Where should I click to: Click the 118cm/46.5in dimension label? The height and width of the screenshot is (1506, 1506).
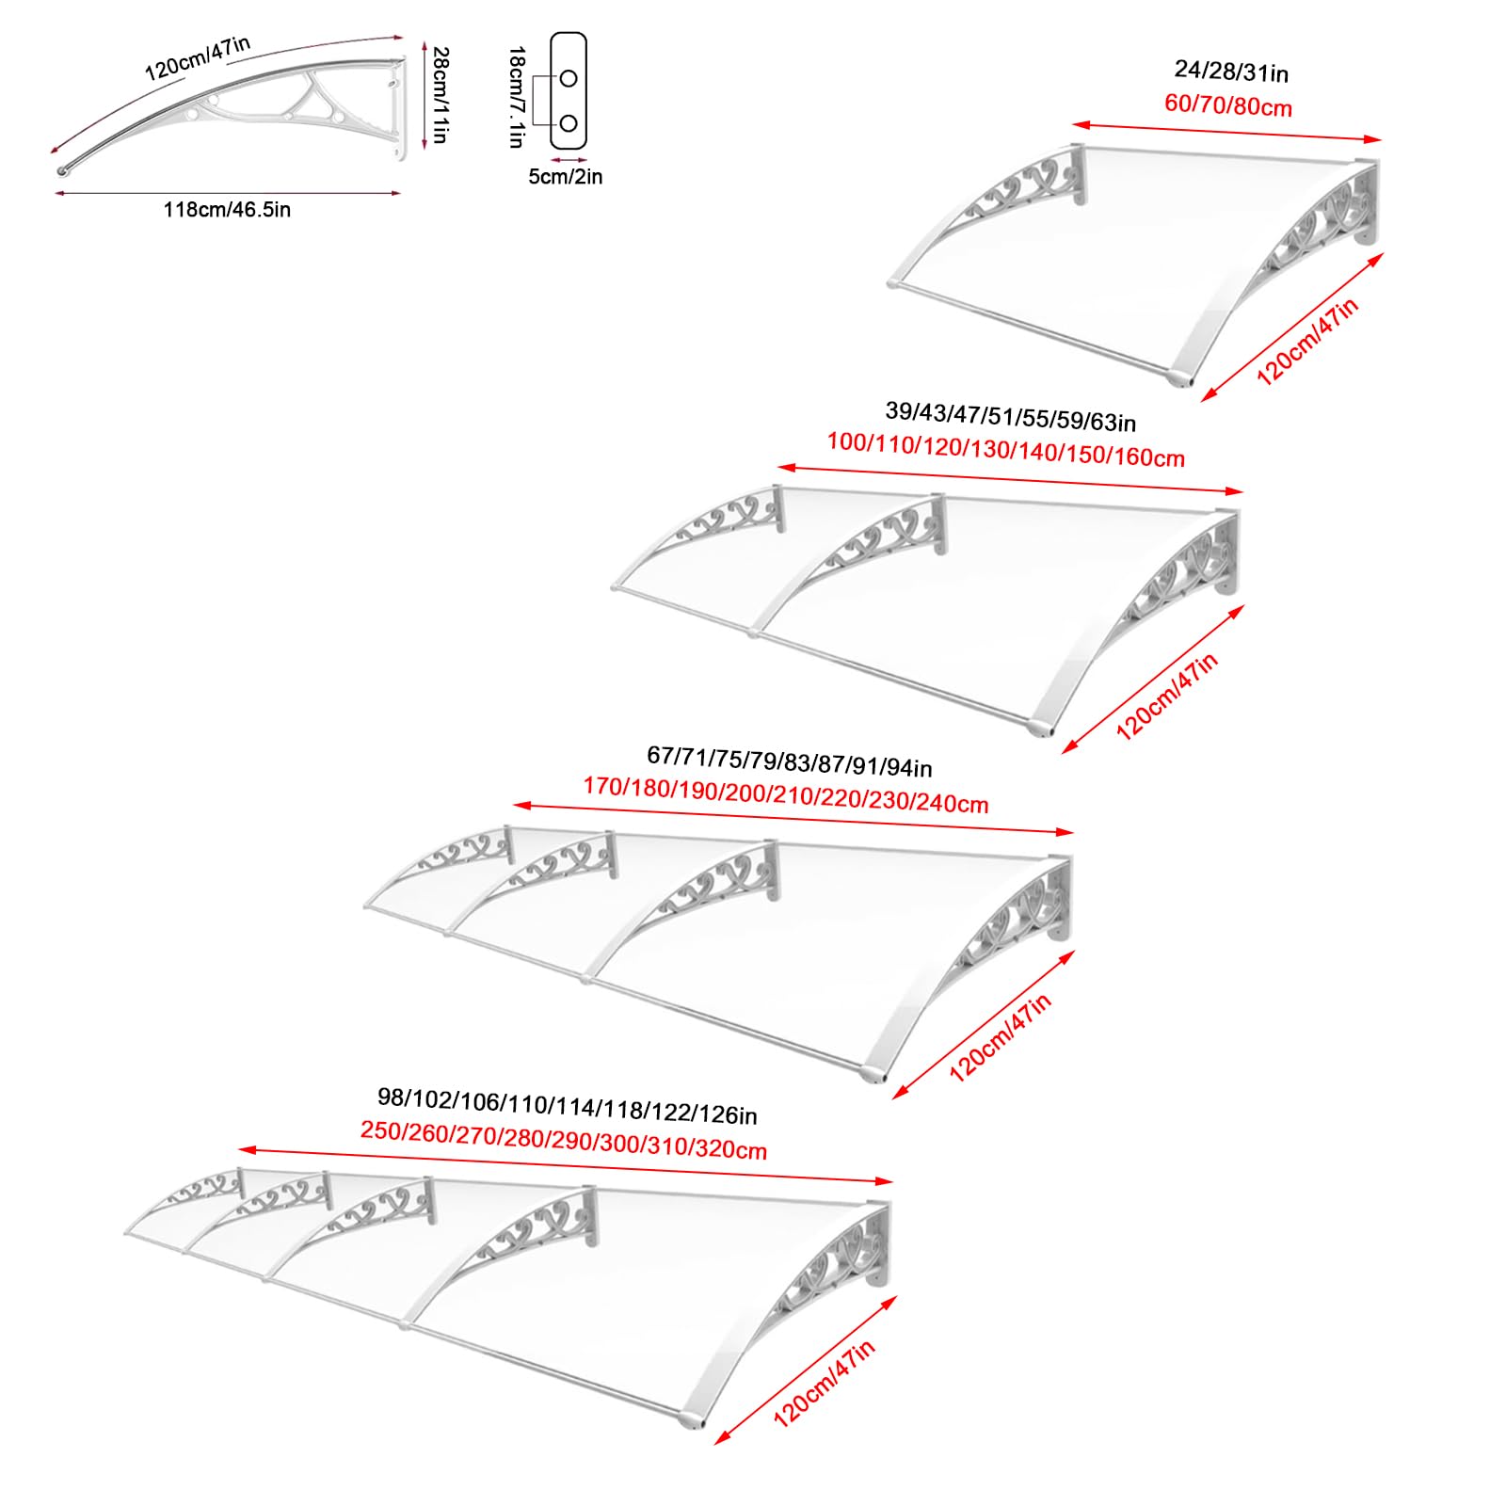click(227, 210)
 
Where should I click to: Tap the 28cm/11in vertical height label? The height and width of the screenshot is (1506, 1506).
click(440, 95)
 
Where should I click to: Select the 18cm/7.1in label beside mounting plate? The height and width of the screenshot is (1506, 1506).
click(516, 97)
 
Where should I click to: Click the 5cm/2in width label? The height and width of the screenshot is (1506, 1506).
click(565, 177)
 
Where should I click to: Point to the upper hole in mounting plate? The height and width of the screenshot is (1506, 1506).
click(569, 78)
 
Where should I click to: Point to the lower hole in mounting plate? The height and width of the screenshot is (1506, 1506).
click(569, 123)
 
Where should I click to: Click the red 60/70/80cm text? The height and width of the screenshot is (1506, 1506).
click(1228, 104)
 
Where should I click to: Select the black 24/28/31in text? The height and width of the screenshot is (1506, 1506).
click(1231, 72)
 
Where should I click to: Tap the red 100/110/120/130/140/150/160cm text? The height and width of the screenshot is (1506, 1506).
click(1005, 450)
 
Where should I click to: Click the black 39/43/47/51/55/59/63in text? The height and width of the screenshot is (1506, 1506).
click(1010, 416)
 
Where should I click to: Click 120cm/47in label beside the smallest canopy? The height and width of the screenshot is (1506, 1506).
click(1307, 341)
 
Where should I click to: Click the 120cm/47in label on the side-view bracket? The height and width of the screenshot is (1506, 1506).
click(198, 59)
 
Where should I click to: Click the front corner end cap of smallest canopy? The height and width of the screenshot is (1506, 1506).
click(1178, 378)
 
